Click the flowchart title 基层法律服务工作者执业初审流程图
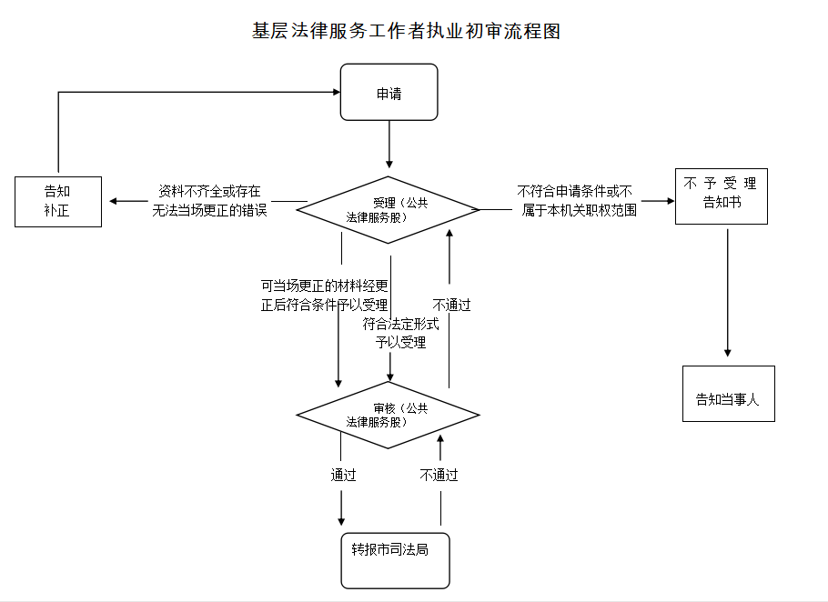click(406, 31)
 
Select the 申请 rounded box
click(389, 92)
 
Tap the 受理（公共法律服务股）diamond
click(389, 210)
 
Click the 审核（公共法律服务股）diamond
click(389, 415)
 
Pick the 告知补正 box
click(58, 201)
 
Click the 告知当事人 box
click(728, 394)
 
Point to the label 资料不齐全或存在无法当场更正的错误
click(210, 201)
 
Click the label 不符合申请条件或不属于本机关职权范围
click(577, 201)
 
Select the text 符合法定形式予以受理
click(400, 334)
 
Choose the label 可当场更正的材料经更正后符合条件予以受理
click(324, 296)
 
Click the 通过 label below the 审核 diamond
click(343, 475)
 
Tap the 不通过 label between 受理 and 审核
click(451, 305)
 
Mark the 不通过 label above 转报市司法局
click(439, 475)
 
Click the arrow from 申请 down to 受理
click(389, 143)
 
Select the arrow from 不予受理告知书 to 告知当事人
click(727, 291)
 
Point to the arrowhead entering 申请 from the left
click(334, 92)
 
